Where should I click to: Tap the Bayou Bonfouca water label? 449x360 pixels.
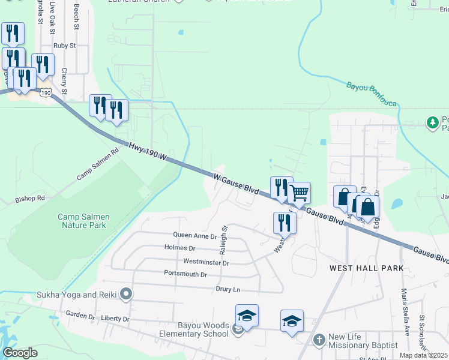[x=372, y=95]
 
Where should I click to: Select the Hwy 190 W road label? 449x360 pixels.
[x=146, y=151]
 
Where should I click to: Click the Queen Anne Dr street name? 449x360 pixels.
[x=194, y=236]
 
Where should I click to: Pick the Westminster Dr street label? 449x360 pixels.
[x=206, y=262]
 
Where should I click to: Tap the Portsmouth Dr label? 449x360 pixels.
[x=185, y=274]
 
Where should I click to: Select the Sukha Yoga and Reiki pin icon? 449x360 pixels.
[x=125, y=294]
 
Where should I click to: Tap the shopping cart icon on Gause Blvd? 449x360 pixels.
[x=299, y=193]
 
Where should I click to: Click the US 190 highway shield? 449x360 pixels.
[x=46, y=92]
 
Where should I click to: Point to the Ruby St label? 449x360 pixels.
[x=64, y=45]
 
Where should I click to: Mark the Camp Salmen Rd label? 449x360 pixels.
[x=98, y=164]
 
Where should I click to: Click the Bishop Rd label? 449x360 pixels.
[x=30, y=197]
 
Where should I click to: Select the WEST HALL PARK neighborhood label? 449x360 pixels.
[x=366, y=268]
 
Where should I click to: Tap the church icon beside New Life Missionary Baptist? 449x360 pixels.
[x=319, y=340]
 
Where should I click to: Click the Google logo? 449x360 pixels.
[x=20, y=353]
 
